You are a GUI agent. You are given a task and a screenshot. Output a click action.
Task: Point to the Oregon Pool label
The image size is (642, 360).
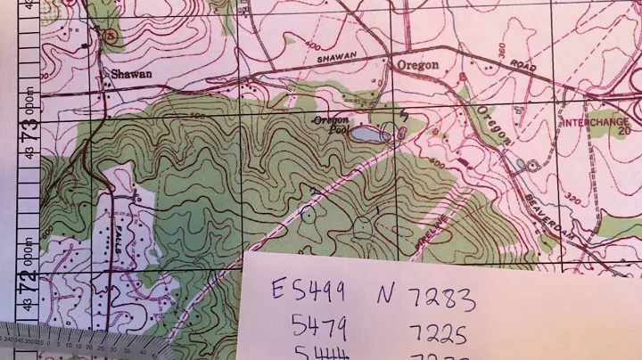coord(331,125)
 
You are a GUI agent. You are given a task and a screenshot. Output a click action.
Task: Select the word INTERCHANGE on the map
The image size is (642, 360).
coord(594,118)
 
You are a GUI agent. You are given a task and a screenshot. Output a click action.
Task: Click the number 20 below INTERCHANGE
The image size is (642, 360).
coord(624,129)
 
